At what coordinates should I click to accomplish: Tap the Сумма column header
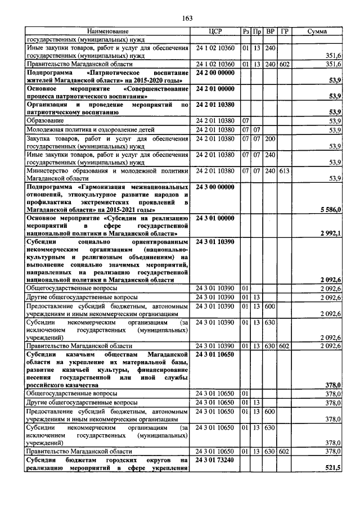pos(318,31)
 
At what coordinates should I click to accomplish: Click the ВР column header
pos(270,31)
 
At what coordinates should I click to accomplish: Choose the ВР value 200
pos(270,138)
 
